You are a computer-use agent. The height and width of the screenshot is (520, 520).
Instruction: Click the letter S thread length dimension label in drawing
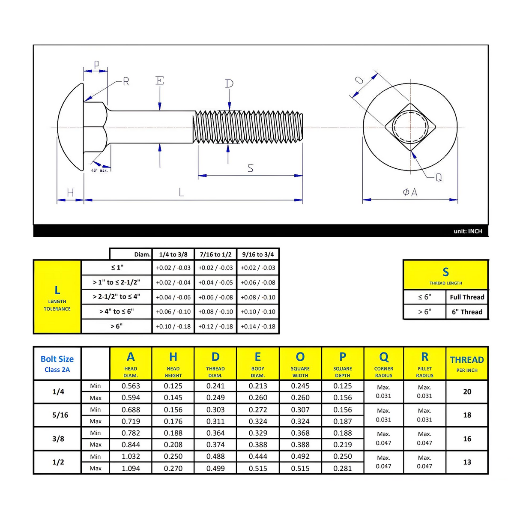pos(251,168)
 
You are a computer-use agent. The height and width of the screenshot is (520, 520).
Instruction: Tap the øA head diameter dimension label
pos(410,192)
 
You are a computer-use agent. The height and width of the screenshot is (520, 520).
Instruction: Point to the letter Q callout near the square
pos(439,177)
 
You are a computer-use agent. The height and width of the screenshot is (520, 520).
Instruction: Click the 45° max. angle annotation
pos(99,170)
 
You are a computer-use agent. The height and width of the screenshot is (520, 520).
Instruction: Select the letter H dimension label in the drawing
pos(70,193)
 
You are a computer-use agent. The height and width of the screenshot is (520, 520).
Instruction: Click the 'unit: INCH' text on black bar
pos(468,231)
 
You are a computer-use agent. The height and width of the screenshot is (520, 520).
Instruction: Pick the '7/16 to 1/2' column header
pos(215,254)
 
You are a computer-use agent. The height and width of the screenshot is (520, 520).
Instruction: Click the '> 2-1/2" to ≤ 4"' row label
pos(117,296)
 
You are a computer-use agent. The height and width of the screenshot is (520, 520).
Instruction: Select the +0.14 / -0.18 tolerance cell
pos(258,326)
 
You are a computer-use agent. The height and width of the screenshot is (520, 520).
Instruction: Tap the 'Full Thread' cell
pos(467,297)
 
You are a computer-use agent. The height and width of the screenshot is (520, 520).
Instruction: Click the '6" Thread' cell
pos(467,312)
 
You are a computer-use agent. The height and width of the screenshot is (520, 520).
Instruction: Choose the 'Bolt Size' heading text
pos(57,359)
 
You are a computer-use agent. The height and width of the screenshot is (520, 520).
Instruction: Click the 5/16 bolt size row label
pos(60,415)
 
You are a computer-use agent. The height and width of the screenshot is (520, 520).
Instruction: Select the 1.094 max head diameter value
pos(131,468)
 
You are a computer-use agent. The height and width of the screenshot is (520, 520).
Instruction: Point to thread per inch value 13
pos(467,462)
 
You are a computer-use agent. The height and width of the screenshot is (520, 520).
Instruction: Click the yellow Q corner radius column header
pos(384,364)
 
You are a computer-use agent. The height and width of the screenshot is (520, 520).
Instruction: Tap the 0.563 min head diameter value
pos(131,386)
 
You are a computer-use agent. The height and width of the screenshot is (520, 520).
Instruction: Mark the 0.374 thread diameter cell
pos(215,445)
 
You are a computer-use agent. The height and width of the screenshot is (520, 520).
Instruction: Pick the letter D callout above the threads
pos(229,84)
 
